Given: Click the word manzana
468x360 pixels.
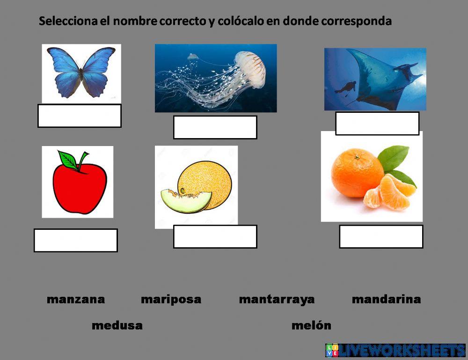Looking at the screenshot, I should (76, 300).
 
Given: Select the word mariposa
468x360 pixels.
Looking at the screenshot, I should (171, 300).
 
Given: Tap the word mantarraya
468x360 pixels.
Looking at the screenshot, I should (277, 300).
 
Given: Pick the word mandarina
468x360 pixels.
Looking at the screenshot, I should (386, 300).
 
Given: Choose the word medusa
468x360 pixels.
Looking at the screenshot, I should (117, 326).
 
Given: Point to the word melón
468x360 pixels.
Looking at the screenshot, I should (311, 326).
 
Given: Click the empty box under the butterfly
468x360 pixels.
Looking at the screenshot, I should (80, 116).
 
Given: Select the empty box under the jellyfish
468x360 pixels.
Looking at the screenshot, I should (215, 127).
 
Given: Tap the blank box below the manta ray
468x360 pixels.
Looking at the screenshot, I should (377, 124).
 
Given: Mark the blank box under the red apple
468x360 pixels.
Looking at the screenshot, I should (76, 240).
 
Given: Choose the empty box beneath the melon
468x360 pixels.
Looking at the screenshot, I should (215, 236).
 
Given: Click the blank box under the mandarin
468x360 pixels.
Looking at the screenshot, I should (381, 236).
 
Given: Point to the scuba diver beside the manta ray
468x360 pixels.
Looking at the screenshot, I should (348, 88).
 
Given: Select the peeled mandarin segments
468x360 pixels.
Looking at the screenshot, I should (389, 192).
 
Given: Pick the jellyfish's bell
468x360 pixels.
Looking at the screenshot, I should (251, 68).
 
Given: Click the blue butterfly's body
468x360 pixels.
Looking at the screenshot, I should (81, 73).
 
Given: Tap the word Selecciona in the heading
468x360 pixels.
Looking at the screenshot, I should (68, 22).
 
